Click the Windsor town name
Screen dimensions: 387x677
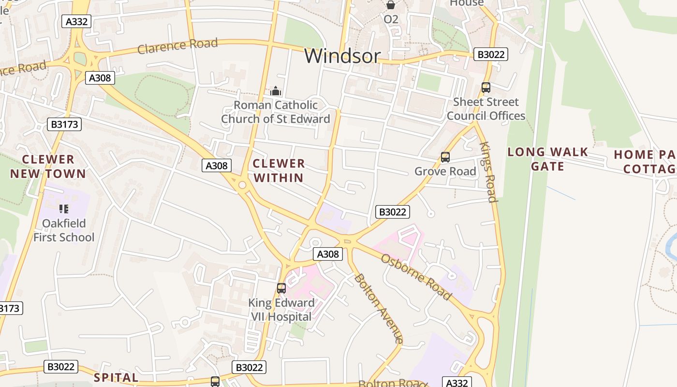342,56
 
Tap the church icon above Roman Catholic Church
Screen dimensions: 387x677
276,90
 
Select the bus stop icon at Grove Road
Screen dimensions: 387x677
445,157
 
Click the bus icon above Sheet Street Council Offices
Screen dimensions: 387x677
486,88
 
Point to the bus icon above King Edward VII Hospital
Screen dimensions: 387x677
281,288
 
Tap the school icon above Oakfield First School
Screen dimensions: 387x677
64,209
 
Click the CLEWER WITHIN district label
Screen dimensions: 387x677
279,170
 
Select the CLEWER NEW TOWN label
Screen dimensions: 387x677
48,166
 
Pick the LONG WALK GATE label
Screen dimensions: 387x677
547,159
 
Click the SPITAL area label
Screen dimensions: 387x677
116,377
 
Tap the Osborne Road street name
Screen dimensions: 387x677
416,276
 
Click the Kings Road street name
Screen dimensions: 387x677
488,172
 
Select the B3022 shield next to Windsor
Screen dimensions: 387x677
490,54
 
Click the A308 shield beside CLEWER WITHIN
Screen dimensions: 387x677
216,165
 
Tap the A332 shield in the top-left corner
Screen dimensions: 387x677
76,21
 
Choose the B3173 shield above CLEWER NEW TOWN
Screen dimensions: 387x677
64,124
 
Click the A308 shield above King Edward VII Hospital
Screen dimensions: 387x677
328,254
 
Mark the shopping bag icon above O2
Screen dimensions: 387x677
390,5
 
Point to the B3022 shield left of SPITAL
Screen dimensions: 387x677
61,367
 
